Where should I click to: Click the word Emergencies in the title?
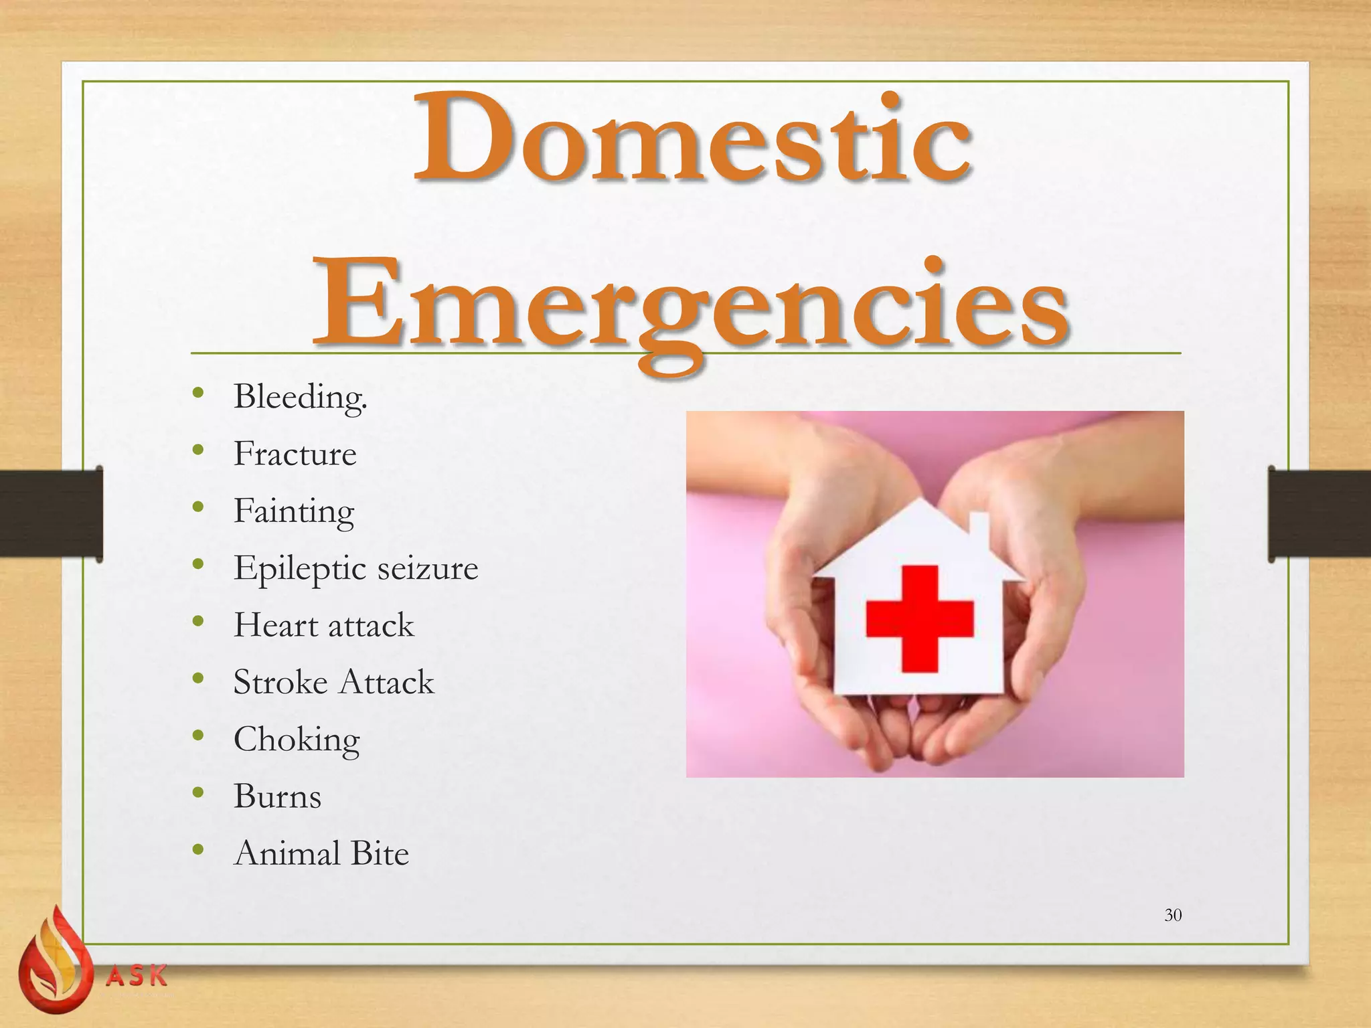(x=690, y=305)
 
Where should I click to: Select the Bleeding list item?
(x=300, y=397)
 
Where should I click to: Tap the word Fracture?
(x=295, y=454)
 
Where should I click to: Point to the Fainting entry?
(x=293, y=511)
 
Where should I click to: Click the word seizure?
(x=427, y=568)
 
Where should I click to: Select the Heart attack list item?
(x=323, y=625)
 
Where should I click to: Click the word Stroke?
(x=280, y=682)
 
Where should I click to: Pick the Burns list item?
(x=277, y=796)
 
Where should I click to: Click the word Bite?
(x=380, y=853)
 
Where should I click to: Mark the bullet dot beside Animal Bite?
(x=197, y=850)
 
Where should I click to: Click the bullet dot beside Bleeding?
(x=197, y=393)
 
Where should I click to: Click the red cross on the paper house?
(x=919, y=618)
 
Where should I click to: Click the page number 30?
(x=1173, y=915)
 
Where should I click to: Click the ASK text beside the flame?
(x=137, y=976)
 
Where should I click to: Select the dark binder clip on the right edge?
(x=1319, y=514)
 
